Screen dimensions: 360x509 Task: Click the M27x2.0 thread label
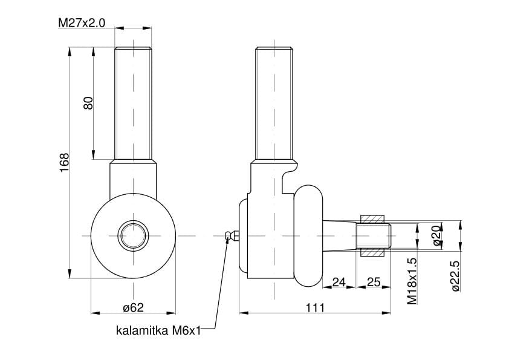[x=82, y=23]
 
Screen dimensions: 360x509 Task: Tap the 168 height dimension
[x=65, y=163]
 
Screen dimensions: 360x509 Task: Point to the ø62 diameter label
[x=133, y=307]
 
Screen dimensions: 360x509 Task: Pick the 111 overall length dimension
[x=314, y=307]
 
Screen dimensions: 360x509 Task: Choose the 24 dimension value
[x=339, y=282]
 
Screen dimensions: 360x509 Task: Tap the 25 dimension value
[x=373, y=282]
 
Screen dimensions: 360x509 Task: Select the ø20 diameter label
[x=436, y=234]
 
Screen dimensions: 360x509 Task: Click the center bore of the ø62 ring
[x=132, y=235]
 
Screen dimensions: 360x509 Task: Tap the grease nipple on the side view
[x=231, y=235]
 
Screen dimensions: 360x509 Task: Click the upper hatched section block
[x=372, y=218]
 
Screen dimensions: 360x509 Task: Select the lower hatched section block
[x=372, y=250]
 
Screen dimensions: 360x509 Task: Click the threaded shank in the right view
[x=275, y=103]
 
